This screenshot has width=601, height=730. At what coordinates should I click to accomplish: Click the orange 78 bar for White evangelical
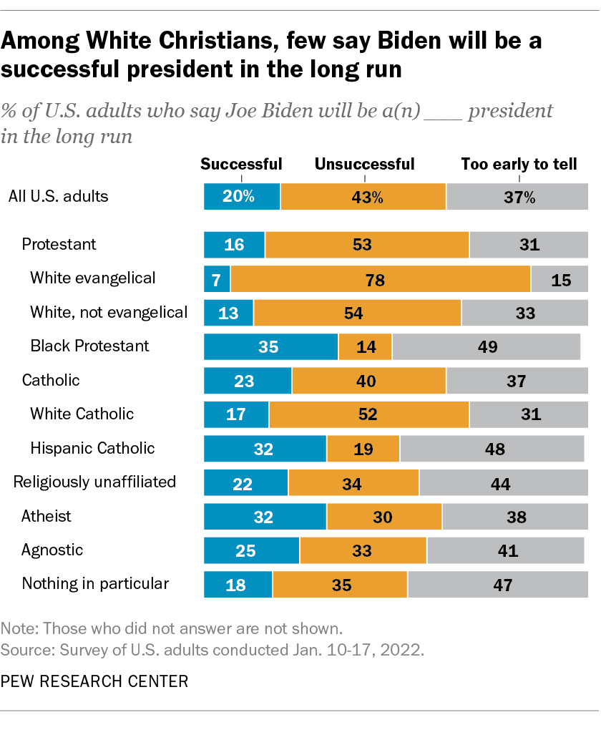380,278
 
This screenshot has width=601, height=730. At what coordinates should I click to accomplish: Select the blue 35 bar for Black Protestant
270,346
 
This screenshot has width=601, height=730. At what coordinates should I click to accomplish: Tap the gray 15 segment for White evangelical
560,278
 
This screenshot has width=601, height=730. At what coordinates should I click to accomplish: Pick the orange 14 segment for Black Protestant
365,346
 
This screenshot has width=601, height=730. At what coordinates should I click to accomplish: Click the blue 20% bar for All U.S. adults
242,197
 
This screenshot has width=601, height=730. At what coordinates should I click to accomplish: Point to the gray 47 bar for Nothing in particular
498,585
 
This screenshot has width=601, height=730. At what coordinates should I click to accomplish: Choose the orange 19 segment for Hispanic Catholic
363,449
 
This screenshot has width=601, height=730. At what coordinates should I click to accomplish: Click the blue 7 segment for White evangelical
217,278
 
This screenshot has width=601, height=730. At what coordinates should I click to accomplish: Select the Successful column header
241,164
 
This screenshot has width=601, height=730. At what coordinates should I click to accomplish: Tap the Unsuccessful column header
364,164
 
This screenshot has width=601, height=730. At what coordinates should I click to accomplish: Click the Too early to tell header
519,164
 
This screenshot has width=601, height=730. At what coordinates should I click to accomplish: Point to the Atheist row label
47,516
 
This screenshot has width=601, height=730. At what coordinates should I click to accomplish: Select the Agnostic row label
52,550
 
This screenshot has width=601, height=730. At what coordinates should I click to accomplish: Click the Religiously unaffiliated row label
94,482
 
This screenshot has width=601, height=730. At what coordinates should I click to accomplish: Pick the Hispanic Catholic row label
92,448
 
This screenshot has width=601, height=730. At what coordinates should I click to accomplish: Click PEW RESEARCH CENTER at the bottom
95,681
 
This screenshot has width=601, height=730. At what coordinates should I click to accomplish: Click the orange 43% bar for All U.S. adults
363,197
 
